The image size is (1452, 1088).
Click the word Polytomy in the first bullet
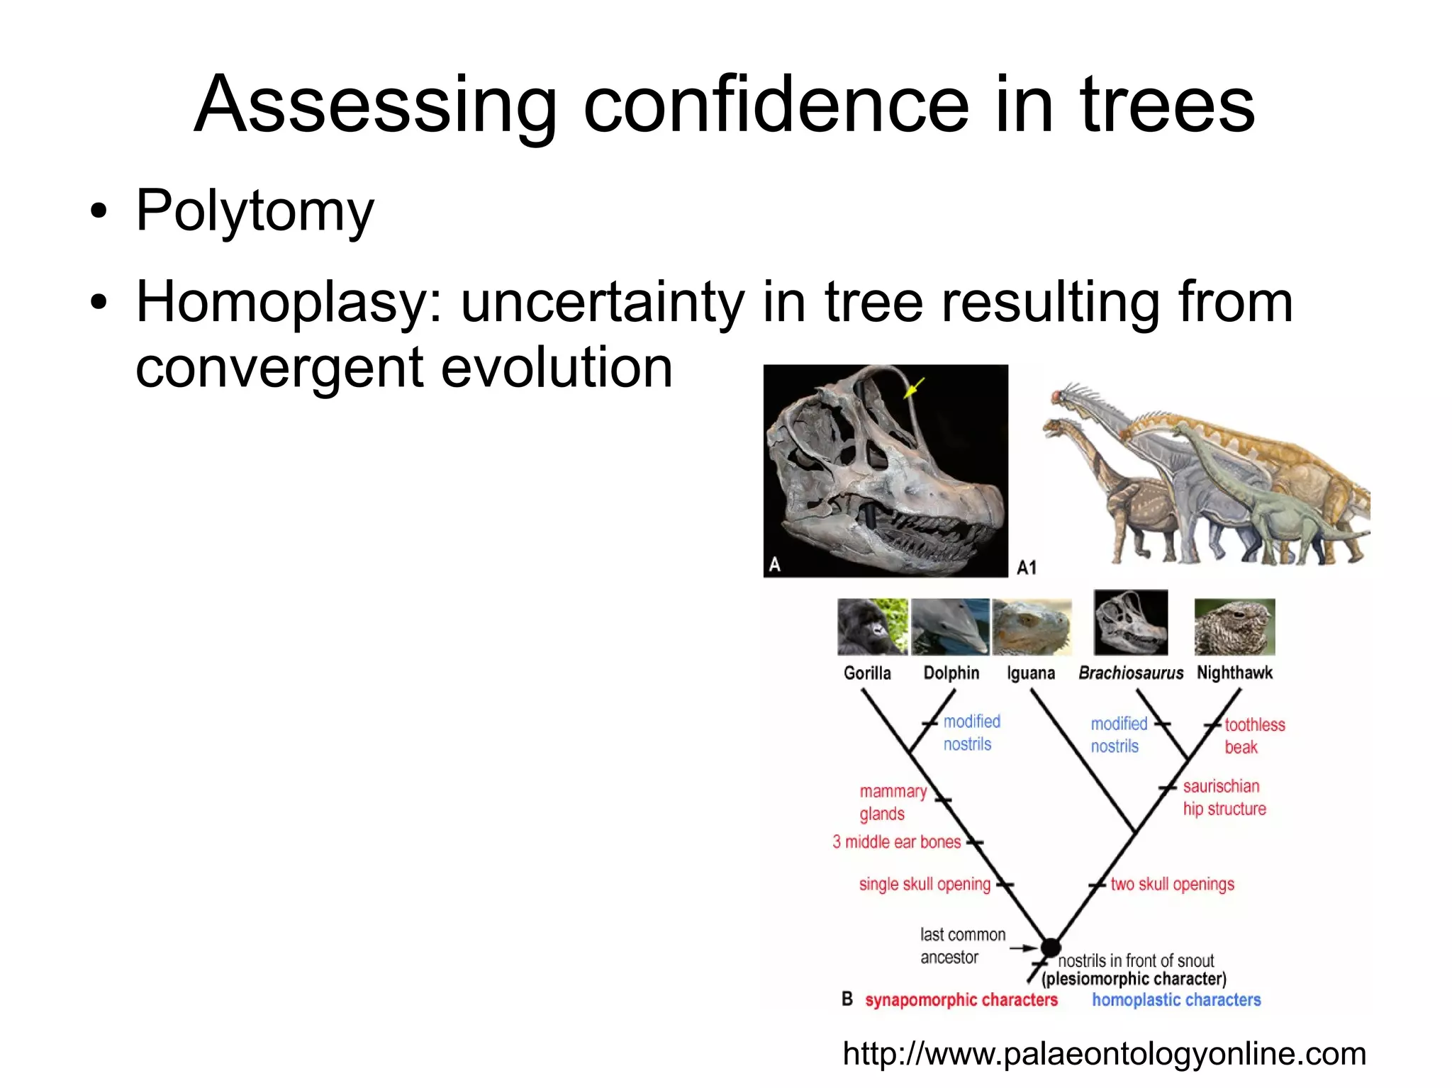254,211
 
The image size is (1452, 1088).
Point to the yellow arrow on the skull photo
914,388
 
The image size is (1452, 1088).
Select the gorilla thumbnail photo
872,627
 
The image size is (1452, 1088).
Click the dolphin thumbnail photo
950,627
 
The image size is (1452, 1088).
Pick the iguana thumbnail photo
1032,627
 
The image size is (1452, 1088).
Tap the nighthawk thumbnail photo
1234,627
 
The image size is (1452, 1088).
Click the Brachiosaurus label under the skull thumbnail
1130,673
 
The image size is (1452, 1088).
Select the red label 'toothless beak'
1253,736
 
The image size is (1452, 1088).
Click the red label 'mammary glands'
892,802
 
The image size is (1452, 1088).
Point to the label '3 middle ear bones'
896,842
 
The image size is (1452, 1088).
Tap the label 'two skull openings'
1172,884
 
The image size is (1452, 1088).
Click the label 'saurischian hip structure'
1223,797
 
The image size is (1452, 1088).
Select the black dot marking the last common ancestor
1050,947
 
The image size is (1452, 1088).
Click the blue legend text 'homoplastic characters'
1176,1000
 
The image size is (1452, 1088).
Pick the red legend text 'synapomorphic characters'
961,1000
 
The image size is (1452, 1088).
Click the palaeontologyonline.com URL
1104,1053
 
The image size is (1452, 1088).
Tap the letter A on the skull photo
775,564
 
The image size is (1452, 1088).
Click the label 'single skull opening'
924,884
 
